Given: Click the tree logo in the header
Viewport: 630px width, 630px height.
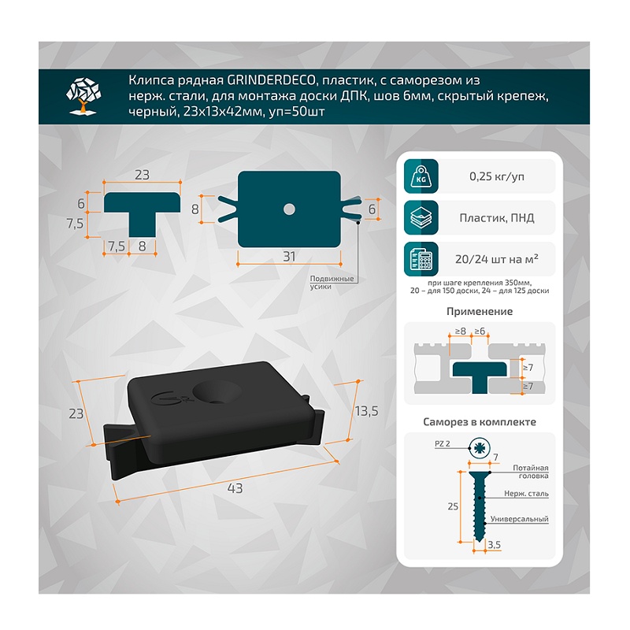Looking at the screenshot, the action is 83,96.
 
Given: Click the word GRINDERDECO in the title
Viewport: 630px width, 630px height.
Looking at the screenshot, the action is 271,80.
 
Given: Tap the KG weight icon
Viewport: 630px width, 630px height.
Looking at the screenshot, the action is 421,176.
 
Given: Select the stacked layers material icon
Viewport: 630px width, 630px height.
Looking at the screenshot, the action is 421,218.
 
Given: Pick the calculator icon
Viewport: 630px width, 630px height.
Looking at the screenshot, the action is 421,259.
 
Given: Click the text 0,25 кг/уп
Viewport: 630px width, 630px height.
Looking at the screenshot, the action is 497,176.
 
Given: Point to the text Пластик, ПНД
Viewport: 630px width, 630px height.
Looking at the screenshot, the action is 497,218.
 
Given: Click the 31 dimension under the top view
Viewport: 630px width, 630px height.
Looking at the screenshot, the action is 289,257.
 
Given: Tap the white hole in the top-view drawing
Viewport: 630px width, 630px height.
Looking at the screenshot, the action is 289,209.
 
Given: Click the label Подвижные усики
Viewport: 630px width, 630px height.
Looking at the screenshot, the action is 332,283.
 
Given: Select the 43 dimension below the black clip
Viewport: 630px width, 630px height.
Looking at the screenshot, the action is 235,488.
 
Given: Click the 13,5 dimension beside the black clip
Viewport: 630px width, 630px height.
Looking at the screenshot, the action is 366,411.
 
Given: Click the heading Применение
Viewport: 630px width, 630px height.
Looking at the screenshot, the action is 480,311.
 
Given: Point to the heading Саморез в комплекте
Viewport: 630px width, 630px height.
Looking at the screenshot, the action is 480,422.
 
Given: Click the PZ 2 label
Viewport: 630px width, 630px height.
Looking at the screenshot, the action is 443,443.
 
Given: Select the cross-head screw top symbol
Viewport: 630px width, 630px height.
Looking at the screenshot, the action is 480,448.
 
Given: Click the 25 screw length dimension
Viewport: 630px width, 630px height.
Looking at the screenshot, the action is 453,506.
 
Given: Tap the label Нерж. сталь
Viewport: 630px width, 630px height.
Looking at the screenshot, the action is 526,494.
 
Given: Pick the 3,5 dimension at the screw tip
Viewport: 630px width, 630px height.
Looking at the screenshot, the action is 495,545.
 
